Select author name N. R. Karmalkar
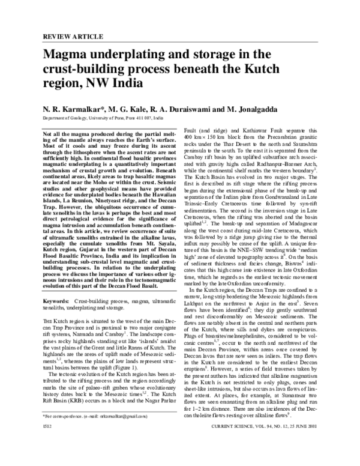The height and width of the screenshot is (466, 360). (74, 110)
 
